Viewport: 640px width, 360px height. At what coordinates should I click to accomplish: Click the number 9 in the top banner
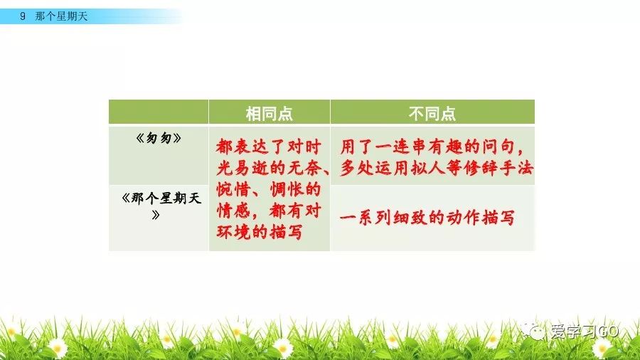(x=23, y=16)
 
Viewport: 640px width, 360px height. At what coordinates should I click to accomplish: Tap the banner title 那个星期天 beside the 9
(x=61, y=16)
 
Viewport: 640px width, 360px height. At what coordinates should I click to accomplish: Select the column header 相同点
(x=270, y=113)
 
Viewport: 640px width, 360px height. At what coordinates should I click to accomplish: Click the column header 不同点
(x=432, y=113)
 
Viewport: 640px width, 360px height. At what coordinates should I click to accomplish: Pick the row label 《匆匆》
(x=159, y=138)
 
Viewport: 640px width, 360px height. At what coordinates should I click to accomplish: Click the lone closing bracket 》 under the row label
(x=156, y=215)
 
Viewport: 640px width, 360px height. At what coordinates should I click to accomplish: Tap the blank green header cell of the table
(x=159, y=112)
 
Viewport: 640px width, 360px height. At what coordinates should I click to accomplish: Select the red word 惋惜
(x=233, y=189)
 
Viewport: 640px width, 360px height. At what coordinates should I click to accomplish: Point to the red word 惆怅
(x=287, y=189)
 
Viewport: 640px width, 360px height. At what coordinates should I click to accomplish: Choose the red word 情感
(x=233, y=211)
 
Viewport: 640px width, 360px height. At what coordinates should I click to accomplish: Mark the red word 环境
(x=233, y=232)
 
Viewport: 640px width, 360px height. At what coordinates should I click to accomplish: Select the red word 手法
(x=517, y=168)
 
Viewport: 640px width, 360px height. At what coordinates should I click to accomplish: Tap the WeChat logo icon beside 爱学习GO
(x=533, y=330)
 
